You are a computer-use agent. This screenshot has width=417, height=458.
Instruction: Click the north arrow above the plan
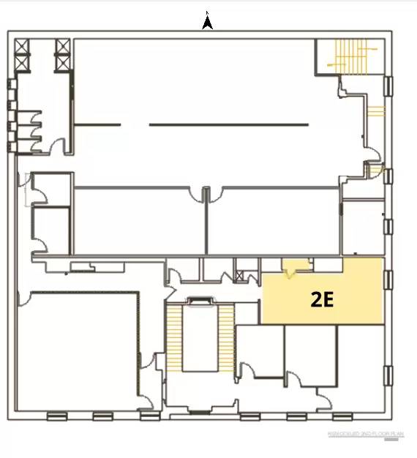tap(208, 23)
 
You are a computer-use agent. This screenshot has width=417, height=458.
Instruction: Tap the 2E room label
tap(322, 299)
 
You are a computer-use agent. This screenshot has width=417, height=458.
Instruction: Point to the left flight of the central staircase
tap(174, 336)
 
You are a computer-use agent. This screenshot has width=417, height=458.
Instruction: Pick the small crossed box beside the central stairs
tap(240, 276)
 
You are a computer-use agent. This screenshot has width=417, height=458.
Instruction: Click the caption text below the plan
tap(366, 434)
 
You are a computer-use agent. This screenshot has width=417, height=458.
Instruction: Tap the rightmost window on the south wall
tap(342, 417)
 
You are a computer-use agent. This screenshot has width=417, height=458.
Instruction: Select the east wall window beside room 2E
tap(388, 281)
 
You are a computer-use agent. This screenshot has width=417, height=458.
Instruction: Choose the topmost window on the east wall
tap(388, 86)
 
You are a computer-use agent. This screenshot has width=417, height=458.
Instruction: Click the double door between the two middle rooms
tap(206, 195)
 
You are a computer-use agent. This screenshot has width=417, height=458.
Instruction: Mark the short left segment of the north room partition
tap(98, 124)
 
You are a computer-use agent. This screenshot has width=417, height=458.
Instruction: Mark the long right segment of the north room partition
tap(228, 124)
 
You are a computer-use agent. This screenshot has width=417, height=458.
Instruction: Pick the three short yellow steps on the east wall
tap(375, 112)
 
